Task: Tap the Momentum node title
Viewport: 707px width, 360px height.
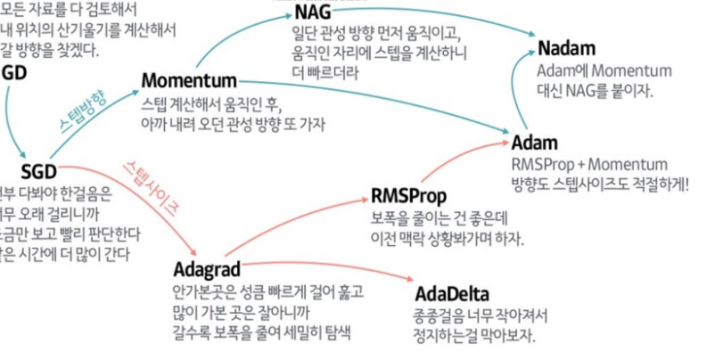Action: [x=189, y=80]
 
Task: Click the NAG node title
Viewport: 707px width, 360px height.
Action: [x=314, y=13]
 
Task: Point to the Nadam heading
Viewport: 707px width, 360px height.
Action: [x=565, y=48]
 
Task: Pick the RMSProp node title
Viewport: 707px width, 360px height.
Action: [x=407, y=196]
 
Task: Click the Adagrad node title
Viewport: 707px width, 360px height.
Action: [x=208, y=268]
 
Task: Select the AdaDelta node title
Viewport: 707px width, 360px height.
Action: [x=452, y=294]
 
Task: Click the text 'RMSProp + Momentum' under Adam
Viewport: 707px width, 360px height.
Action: [x=589, y=165]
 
